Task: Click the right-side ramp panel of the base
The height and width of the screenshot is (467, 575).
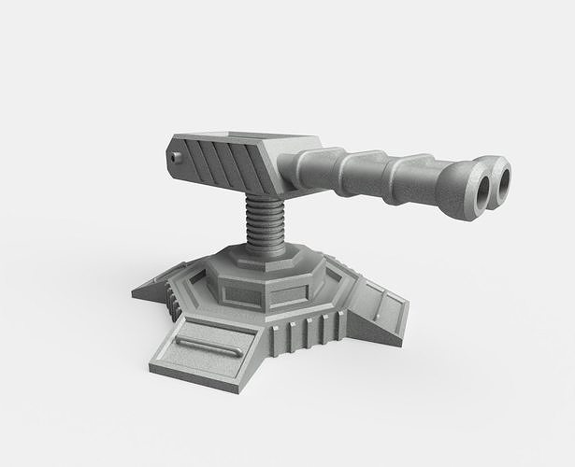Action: pyautogui.click(x=379, y=306)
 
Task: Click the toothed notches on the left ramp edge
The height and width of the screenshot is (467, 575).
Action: pyautogui.click(x=170, y=297)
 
